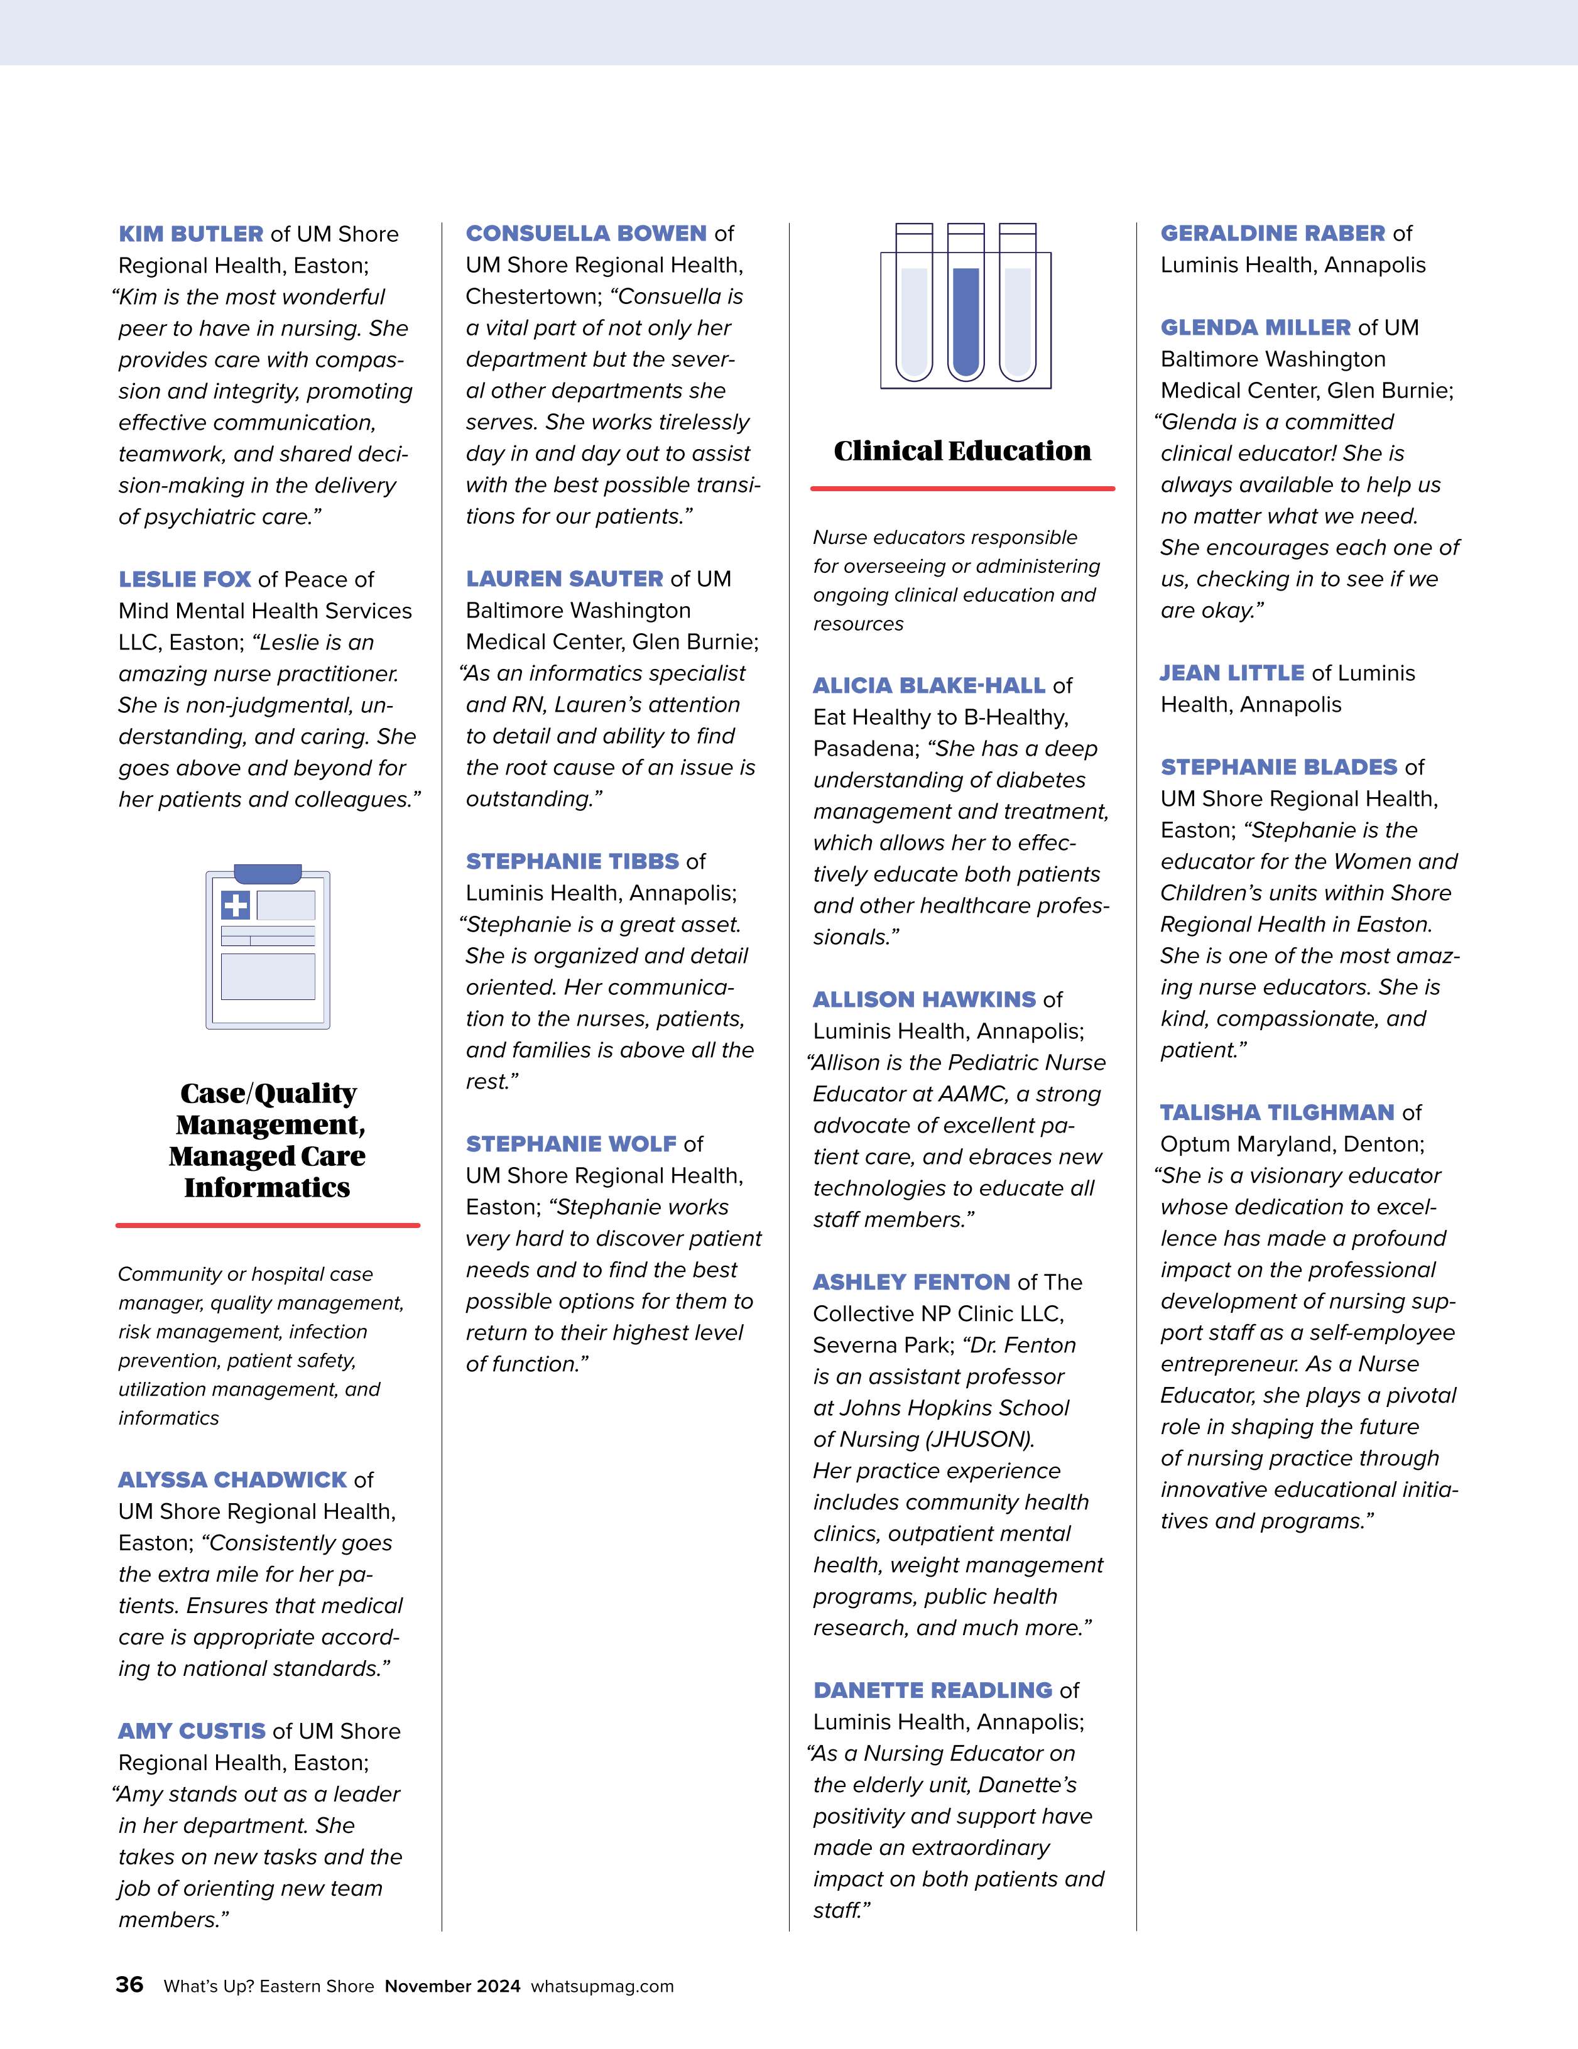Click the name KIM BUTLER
pos(190,234)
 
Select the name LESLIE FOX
pos(184,579)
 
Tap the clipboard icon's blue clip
pos(268,874)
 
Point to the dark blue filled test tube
pos(966,319)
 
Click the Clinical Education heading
pos(962,451)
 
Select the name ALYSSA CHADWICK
pos(232,1479)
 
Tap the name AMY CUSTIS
pos(192,1731)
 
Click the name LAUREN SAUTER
pos(564,579)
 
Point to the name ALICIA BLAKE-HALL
pos(929,686)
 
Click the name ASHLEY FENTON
pos(911,1283)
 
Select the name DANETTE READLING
pos(932,1690)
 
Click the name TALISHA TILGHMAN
pos(1277,1112)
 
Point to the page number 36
pos(129,1984)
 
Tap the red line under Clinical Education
pos(962,489)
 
